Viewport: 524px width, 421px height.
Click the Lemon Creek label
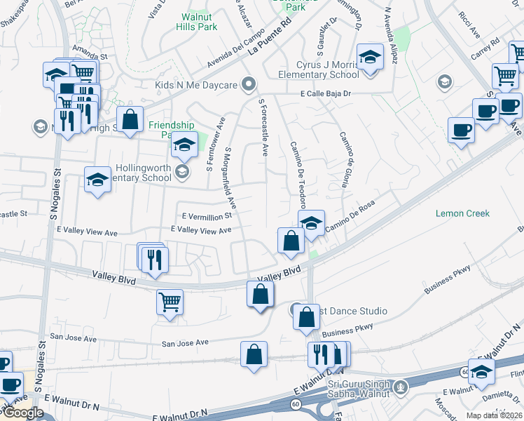point(462,213)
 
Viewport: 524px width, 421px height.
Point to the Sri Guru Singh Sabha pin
point(400,385)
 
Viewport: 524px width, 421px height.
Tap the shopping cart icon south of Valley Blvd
point(170,302)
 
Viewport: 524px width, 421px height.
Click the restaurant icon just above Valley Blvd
point(153,260)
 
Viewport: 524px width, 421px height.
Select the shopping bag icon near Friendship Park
point(130,120)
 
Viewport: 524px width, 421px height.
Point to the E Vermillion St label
point(207,216)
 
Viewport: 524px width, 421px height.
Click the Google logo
point(22,413)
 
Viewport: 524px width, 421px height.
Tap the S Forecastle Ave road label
point(263,130)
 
